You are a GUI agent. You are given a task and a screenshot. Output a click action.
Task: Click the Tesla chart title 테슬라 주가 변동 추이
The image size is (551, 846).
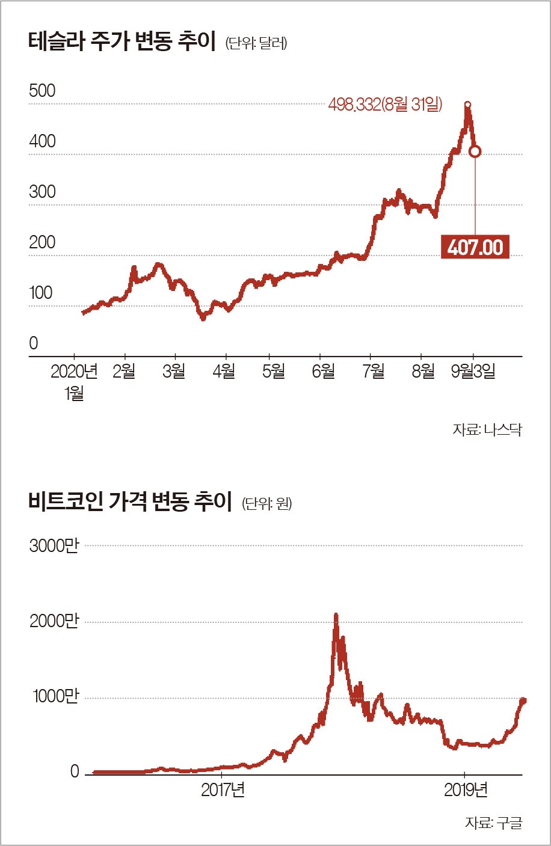click(x=122, y=43)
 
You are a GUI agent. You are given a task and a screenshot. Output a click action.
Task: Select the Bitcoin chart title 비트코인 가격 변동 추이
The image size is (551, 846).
click(x=130, y=501)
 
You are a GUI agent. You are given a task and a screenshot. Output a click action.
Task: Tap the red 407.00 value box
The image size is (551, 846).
click(x=475, y=247)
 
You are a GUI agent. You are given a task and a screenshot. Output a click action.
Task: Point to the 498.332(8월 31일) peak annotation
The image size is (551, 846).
click(x=385, y=105)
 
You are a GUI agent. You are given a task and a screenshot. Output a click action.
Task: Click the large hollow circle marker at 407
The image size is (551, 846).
click(x=475, y=152)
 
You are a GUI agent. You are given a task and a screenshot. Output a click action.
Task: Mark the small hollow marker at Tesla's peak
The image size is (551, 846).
click(x=468, y=105)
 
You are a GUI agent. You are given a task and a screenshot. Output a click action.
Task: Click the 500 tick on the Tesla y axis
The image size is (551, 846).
click(x=42, y=91)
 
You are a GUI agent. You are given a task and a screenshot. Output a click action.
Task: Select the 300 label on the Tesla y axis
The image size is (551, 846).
click(x=42, y=192)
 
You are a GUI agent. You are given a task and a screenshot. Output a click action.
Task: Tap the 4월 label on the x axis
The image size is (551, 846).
click(x=224, y=372)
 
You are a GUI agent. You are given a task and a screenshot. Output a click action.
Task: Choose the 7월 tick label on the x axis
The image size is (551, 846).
click(x=374, y=372)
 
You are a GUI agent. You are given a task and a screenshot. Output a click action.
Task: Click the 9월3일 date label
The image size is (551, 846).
click(x=473, y=372)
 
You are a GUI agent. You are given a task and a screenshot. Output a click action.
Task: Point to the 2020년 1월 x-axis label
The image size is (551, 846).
click(x=74, y=382)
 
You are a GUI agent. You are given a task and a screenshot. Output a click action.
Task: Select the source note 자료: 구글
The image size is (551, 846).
click(x=493, y=822)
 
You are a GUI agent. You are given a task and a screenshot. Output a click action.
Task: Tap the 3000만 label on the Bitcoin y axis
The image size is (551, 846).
click(x=54, y=546)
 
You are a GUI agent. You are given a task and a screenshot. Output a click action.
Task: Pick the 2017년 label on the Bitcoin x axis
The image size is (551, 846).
click(x=223, y=789)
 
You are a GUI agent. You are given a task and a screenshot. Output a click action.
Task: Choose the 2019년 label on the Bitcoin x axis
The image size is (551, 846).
click(x=466, y=789)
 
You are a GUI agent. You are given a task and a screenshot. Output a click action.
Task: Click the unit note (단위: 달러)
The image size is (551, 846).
click(x=256, y=44)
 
